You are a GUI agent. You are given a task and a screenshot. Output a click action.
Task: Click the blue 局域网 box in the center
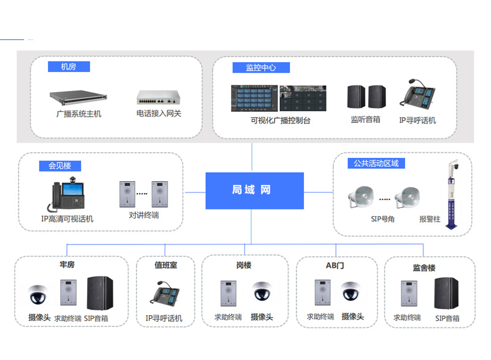(254, 190)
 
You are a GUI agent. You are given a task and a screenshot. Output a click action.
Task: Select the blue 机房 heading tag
(69, 67)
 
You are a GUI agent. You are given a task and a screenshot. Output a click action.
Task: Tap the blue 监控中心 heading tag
(261, 68)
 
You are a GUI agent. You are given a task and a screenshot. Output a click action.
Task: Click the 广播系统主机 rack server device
(79, 98)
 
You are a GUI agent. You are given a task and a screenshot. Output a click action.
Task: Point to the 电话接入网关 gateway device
(158, 98)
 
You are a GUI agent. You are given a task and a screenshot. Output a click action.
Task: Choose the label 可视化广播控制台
(280, 120)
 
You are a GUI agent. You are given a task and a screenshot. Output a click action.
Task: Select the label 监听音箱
(365, 119)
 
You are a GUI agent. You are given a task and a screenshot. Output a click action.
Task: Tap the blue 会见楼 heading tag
(60, 166)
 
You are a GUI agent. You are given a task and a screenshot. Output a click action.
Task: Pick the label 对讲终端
(144, 215)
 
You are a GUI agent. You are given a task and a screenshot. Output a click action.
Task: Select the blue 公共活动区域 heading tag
(376, 163)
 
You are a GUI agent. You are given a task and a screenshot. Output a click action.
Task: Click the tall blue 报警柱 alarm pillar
(452, 194)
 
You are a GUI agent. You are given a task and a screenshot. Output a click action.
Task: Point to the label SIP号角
(382, 219)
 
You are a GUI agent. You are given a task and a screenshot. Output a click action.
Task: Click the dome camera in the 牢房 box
(38, 294)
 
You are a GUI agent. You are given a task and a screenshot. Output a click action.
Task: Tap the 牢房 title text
(67, 265)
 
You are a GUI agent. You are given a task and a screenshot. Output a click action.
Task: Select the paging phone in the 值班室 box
(164, 294)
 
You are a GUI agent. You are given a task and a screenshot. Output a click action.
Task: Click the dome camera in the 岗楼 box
(262, 291)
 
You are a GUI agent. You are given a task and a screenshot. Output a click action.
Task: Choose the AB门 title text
(334, 265)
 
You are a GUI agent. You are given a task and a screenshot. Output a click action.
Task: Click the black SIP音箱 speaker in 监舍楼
(446, 294)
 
